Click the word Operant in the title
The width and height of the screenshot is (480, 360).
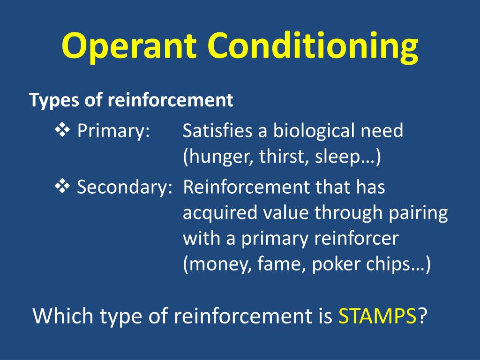click(x=128, y=46)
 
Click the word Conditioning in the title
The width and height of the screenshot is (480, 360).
click(x=313, y=46)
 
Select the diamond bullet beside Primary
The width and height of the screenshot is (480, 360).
click(x=62, y=130)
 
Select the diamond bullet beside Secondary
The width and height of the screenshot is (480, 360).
click(x=62, y=186)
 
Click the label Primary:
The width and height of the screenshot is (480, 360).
click(x=113, y=132)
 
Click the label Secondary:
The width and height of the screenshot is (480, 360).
click(x=125, y=187)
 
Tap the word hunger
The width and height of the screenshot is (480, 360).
click(x=219, y=157)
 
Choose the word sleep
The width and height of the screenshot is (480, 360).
click(x=337, y=157)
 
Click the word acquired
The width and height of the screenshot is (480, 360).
click(x=220, y=213)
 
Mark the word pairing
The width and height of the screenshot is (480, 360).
click(x=419, y=213)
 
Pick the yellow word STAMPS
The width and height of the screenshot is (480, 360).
click(x=377, y=315)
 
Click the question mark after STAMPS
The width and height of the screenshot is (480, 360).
click(x=422, y=315)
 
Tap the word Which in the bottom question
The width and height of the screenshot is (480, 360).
click(x=62, y=315)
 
